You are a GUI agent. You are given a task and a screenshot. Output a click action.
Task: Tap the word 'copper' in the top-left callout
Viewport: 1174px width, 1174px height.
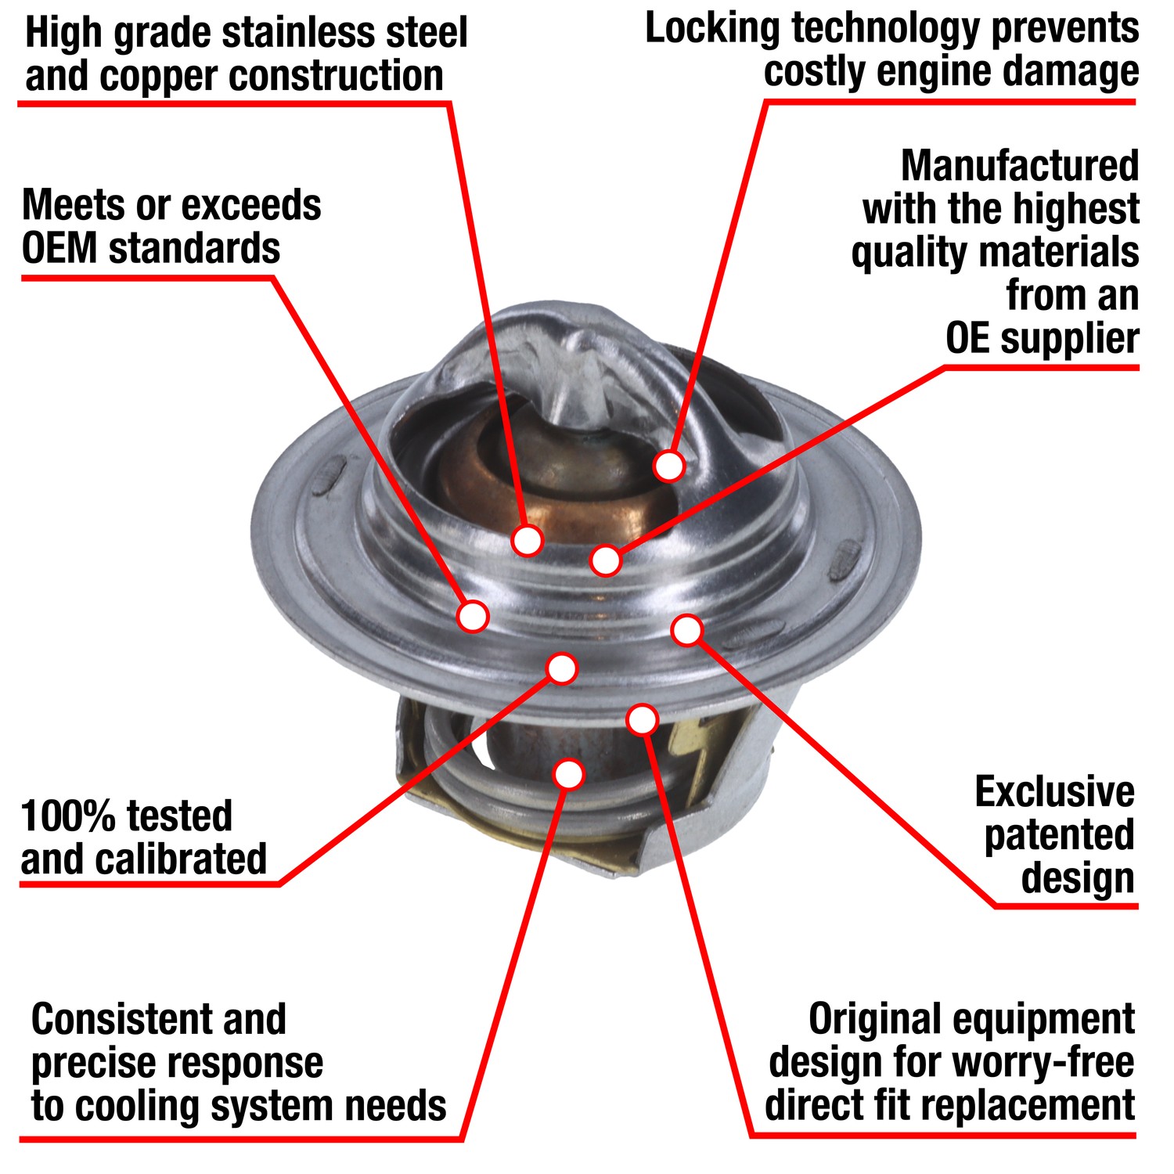point(159,77)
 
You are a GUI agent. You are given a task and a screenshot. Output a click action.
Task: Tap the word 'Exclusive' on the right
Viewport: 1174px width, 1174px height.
point(1054,792)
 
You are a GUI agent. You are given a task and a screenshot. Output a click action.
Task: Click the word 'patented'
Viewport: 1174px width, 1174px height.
point(1059,835)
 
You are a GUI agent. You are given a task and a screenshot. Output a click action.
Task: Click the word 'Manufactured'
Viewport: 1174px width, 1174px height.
point(1020,166)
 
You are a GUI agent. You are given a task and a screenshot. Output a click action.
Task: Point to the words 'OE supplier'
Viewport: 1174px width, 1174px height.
point(1042,339)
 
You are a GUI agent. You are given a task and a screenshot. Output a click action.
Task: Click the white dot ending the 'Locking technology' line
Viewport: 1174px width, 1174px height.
point(669,466)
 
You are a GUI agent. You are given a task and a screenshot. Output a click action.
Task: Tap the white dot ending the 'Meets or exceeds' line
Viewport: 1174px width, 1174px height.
point(473,616)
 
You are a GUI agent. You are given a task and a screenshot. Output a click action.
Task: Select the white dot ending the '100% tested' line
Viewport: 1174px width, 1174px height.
point(562,668)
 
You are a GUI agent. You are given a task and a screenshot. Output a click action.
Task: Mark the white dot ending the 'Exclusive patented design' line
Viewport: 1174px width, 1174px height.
point(687,630)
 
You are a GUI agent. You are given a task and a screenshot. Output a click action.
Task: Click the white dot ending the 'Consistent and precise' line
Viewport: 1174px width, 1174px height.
point(569,774)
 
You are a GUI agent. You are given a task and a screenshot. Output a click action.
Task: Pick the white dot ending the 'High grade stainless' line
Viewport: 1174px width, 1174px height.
point(528,540)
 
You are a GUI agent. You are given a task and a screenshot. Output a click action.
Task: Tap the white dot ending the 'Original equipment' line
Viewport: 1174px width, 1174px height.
point(643,719)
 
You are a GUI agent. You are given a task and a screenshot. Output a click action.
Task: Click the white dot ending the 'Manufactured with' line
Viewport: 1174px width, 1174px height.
point(606,560)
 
